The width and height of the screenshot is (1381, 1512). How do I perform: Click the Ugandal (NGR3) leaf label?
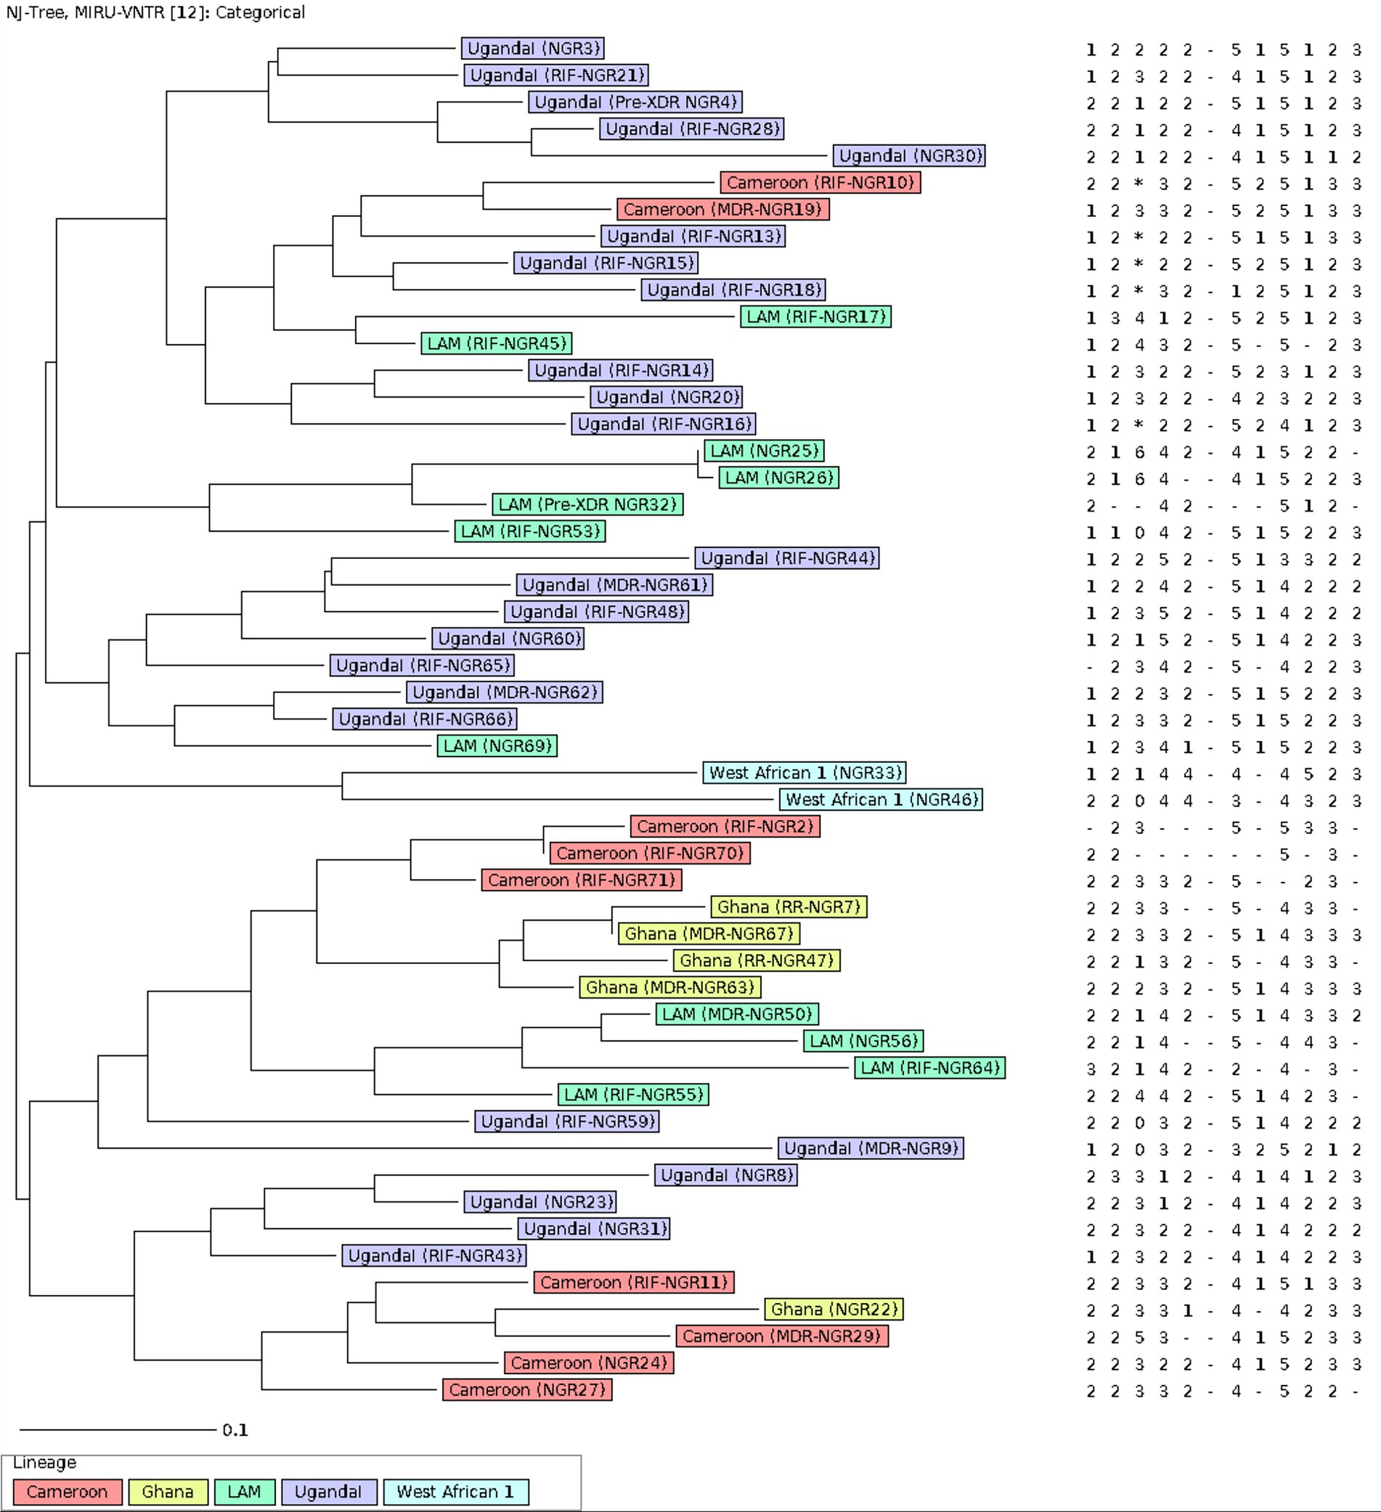[x=533, y=49]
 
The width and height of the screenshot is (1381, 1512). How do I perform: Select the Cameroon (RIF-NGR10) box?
[x=820, y=183]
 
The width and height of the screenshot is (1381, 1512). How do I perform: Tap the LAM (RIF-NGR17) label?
[x=815, y=317]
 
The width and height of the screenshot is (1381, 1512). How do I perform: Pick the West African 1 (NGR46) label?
[x=881, y=800]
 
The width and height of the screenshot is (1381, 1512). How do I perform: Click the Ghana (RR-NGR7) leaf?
[x=789, y=907]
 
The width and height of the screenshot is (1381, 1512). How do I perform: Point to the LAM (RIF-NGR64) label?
[x=929, y=1068]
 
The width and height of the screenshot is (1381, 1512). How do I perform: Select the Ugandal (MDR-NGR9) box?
[x=870, y=1149]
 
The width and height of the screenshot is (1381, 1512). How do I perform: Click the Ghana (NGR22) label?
[x=834, y=1310]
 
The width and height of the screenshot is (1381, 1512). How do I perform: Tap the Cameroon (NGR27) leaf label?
[x=526, y=1391]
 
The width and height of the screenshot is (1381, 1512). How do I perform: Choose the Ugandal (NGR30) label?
[x=908, y=156]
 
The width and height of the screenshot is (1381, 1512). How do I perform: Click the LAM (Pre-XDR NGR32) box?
[x=587, y=504]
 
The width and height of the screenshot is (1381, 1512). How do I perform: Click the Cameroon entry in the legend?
[x=67, y=1492]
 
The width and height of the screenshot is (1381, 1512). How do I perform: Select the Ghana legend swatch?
[x=167, y=1492]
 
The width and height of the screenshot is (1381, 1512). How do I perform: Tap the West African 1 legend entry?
[x=455, y=1492]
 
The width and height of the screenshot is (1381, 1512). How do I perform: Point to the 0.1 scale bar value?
[x=235, y=1430]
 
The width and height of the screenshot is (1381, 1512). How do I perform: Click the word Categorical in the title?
[x=259, y=13]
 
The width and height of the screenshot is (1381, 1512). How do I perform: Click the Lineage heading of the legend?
[x=44, y=1463]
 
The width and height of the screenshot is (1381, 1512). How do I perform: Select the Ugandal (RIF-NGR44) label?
[x=787, y=559]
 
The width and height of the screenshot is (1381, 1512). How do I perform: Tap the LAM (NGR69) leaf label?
[x=497, y=746]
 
